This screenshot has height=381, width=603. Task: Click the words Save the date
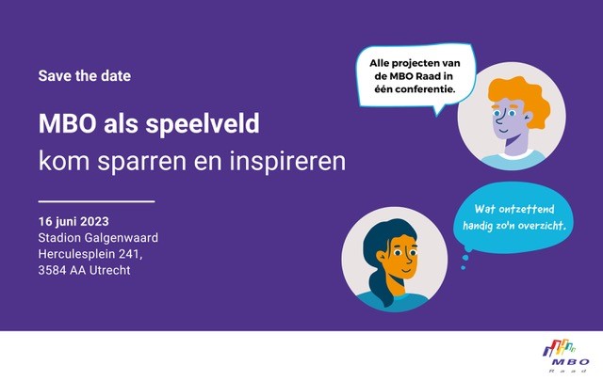click(84, 75)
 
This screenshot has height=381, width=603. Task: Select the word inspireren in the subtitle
click(287, 162)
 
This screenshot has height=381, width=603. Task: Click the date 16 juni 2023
click(73, 222)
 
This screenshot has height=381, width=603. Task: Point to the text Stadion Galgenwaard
click(98, 238)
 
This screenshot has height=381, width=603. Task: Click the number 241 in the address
click(130, 254)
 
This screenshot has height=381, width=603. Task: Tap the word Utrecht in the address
click(110, 270)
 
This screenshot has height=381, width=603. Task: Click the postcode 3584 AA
click(62, 270)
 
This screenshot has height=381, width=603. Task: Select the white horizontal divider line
click(96, 201)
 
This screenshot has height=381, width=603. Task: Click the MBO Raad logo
click(565, 356)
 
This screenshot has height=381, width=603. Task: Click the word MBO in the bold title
click(67, 123)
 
